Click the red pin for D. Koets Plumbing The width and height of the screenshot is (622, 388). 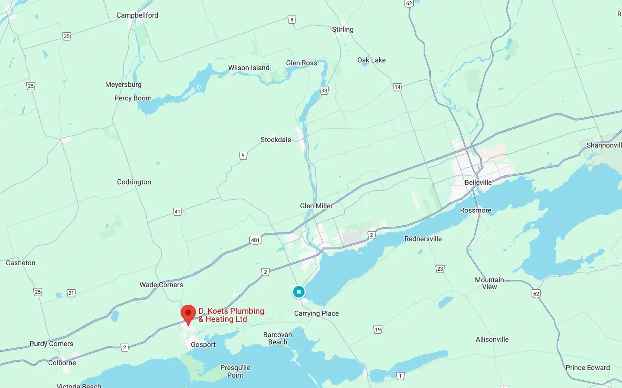pyautogui.click(x=188, y=313)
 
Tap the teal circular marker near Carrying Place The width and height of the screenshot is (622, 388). pyautogui.click(x=298, y=292)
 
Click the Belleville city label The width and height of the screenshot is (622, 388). pyautogui.click(x=478, y=182)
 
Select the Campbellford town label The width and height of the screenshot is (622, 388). pyautogui.click(x=137, y=15)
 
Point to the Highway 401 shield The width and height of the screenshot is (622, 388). pyautogui.click(x=255, y=240)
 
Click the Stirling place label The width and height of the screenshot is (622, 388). pyautogui.click(x=343, y=29)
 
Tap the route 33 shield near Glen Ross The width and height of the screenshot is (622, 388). pyautogui.click(x=324, y=91)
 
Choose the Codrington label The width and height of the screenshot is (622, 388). pyautogui.click(x=134, y=182)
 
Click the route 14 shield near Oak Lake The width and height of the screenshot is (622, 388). pyautogui.click(x=397, y=87)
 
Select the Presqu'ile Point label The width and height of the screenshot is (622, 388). pyautogui.click(x=235, y=371)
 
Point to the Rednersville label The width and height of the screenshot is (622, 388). pyautogui.click(x=423, y=239)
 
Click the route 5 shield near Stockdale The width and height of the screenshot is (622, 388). pyautogui.click(x=243, y=156)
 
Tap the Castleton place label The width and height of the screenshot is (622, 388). pyautogui.click(x=21, y=263)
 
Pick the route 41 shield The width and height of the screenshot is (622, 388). pyautogui.click(x=178, y=212)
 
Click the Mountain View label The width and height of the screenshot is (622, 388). pyautogui.click(x=489, y=283)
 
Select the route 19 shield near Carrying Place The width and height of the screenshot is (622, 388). pyautogui.click(x=378, y=329)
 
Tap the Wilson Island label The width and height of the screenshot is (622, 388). pyautogui.click(x=249, y=68)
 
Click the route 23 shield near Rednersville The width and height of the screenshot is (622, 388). pyautogui.click(x=440, y=269)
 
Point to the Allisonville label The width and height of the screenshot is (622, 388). pyautogui.click(x=492, y=339)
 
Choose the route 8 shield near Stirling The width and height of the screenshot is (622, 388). pyautogui.click(x=292, y=19)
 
